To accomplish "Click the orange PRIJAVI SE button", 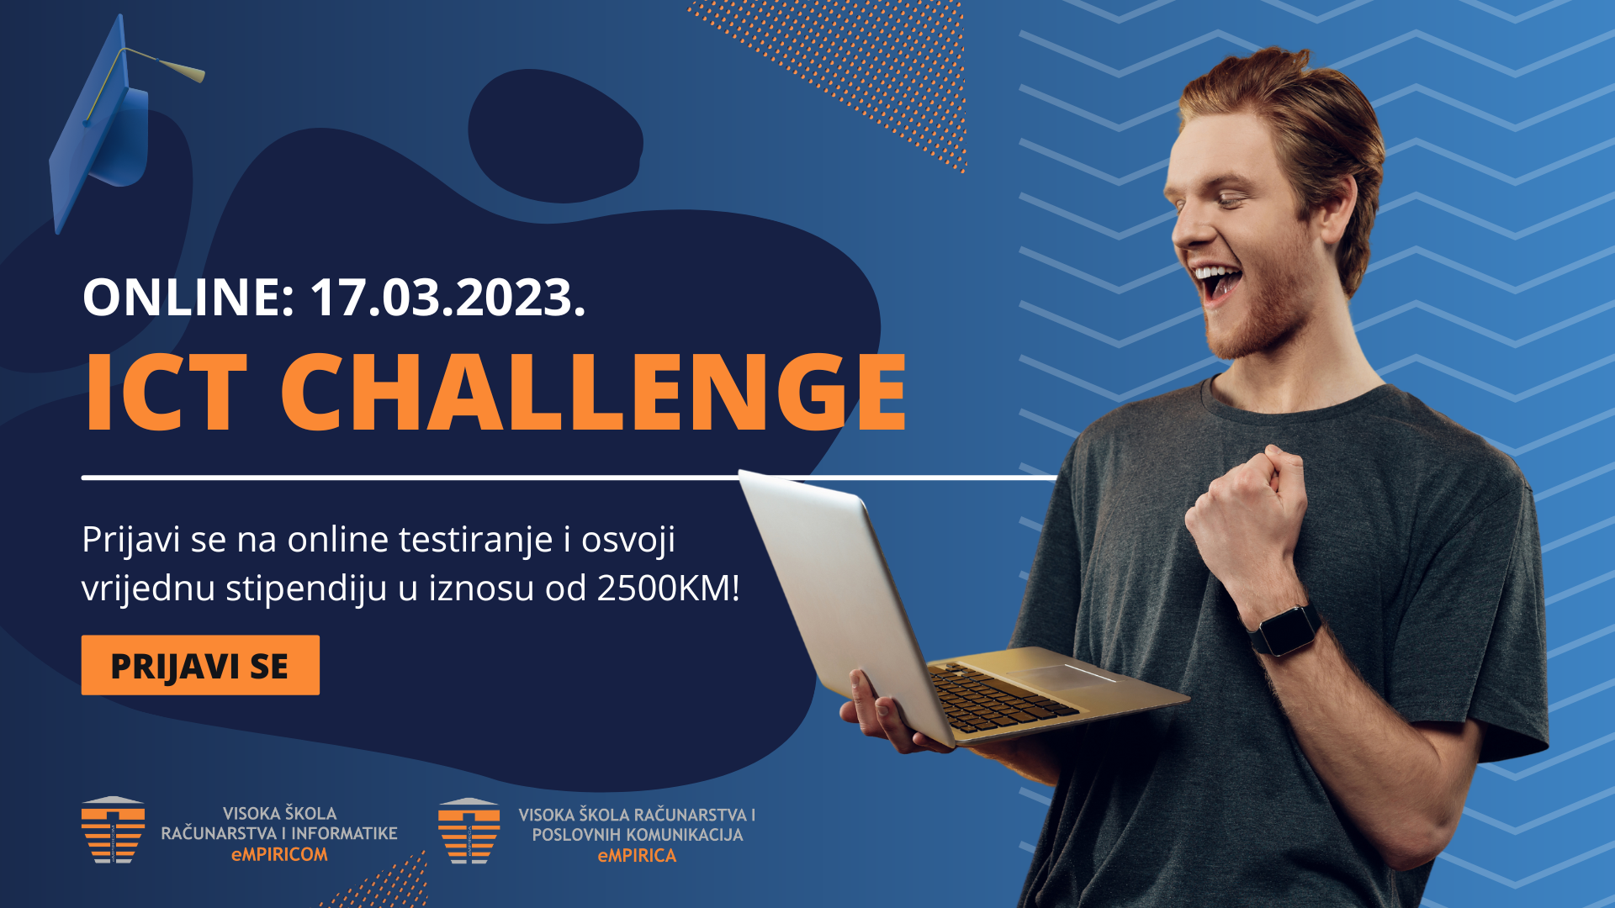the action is coord(200,665).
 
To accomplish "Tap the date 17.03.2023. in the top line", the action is coord(447,298).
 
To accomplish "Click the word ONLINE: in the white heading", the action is coord(188,298).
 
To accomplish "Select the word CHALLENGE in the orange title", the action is coord(594,392).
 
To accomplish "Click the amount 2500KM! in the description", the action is coord(669,588).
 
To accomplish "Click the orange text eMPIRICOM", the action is coord(279,854).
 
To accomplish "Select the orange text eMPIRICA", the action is coord(637,856).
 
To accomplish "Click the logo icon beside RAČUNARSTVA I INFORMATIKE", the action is coord(113,830).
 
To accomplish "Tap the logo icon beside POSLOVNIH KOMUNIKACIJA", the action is coord(469,831).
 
